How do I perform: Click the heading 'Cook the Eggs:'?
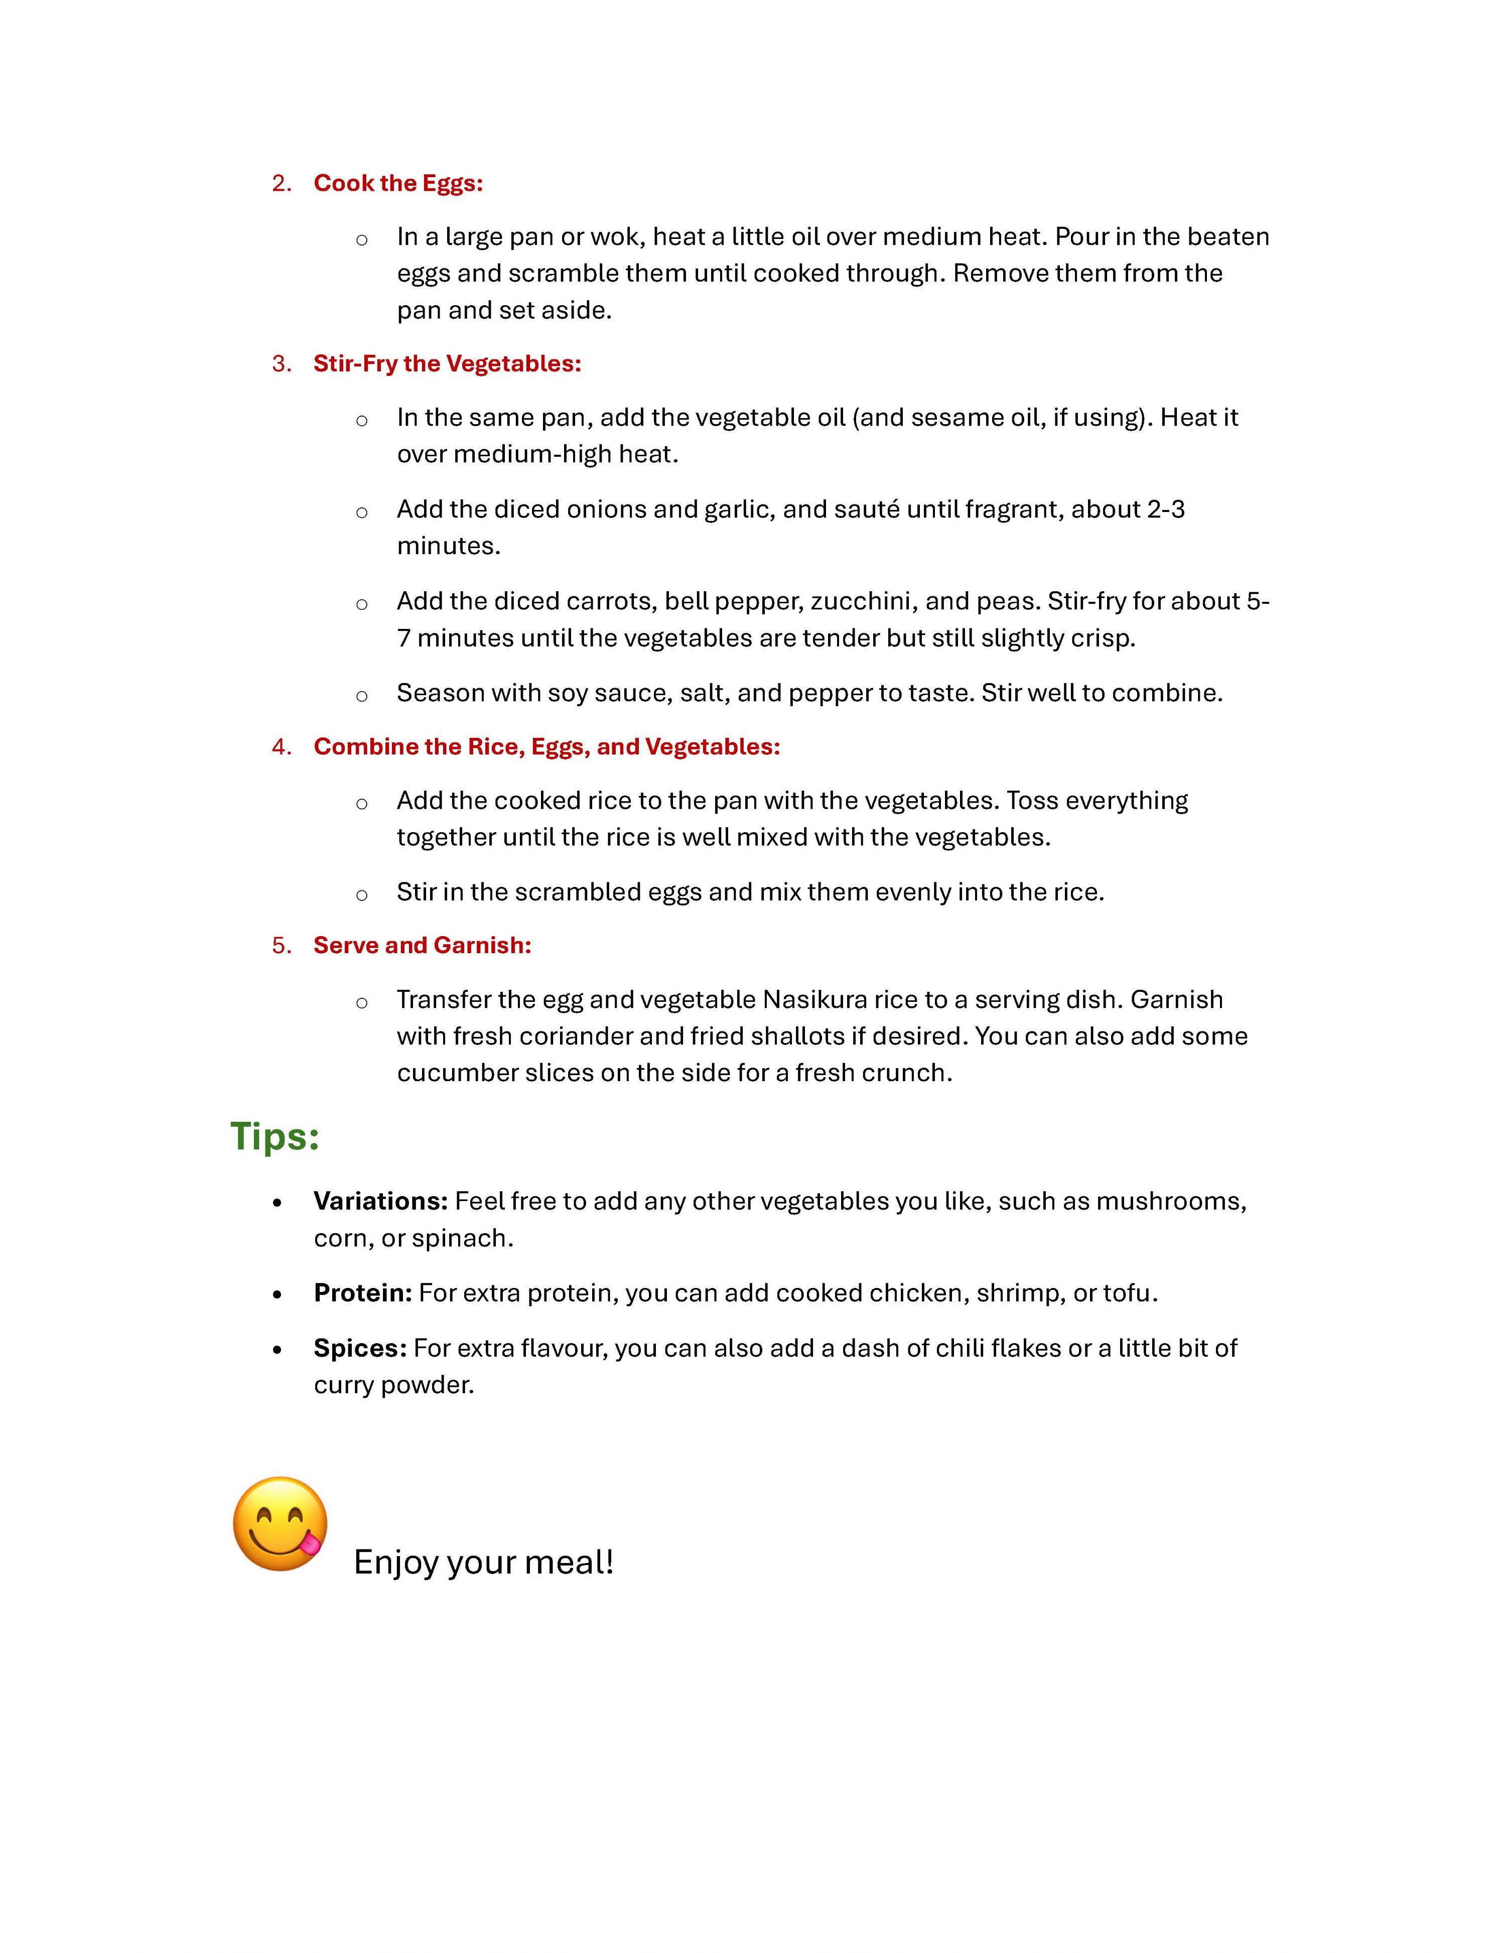[x=398, y=183]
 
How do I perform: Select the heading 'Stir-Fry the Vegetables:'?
[x=447, y=364]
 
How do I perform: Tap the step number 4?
[x=281, y=747]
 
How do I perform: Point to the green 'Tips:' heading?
[x=275, y=1136]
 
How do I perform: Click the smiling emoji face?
[x=279, y=1523]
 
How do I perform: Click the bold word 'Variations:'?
[x=380, y=1201]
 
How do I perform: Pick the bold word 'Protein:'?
[x=362, y=1293]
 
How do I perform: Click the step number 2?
[x=281, y=183]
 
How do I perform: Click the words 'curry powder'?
[x=393, y=1385]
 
